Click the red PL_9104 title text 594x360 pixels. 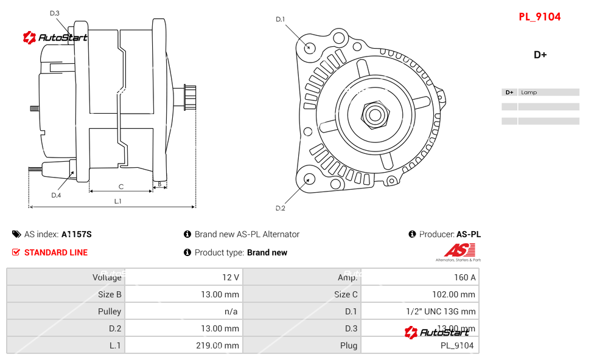point(539,17)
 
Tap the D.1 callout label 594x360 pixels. point(281,19)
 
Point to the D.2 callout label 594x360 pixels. point(281,209)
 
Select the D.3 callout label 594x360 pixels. point(55,13)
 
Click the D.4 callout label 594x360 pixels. point(56,195)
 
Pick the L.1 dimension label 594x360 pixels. point(118,201)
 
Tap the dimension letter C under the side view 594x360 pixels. point(121,187)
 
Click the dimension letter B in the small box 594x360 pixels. point(159,183)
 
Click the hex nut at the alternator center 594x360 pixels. point(374,114)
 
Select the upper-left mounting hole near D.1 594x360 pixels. point(310,46)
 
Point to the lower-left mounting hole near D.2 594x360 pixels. point(309,179)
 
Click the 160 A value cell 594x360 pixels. point(464,277)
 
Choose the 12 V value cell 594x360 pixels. point(230,277)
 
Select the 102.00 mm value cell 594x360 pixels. point(453,294)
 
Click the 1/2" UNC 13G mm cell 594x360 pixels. point(441,311)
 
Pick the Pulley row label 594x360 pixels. point(110,311)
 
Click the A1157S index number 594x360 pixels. point(76,234)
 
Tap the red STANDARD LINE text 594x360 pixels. point(56,252)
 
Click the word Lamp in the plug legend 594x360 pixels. point(529,92)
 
